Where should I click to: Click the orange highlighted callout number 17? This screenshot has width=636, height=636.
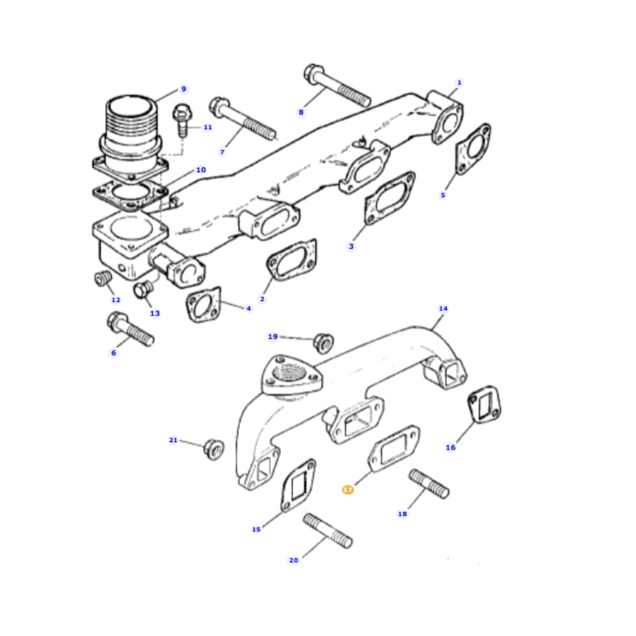[x=348, y=490]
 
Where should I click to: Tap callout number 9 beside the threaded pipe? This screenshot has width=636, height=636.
[x=184, y=89]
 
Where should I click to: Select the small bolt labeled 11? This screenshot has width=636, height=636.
[x=182, y=120]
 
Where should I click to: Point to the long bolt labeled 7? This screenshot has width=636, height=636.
[x=242, y=118]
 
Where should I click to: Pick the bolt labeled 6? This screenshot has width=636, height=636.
[x=130, y=329]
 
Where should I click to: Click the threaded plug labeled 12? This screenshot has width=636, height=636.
[x=103, y=279]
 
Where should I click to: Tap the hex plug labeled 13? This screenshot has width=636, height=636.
[x=143, y=289]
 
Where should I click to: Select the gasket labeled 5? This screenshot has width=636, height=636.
[x=473, y=149]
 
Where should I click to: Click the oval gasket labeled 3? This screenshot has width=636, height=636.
[x=389, y=198]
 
